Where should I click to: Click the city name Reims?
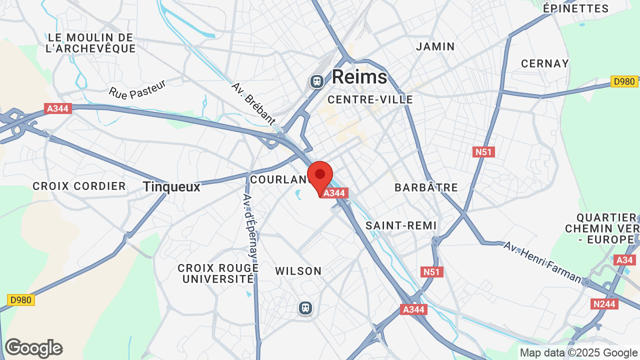coord(359,77)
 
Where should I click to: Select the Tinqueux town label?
coord(171,187)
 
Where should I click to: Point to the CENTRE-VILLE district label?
coord(370,99)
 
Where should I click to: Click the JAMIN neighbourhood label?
coord(435,46)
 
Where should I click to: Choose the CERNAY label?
coord(545,63)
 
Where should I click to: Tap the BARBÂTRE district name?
coord(426,187)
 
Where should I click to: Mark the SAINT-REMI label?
coord(401,225)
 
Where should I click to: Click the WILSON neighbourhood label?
coord(298,271)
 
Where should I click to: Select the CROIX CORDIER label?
coord(79,186)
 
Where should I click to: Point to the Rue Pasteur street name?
coord(137,89)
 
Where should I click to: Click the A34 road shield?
coord(624,260)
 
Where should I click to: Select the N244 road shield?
coord(604,303)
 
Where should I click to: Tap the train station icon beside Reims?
coord(316,81)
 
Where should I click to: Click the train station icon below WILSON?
coord(305,308)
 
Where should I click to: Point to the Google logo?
coord(33,348)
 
